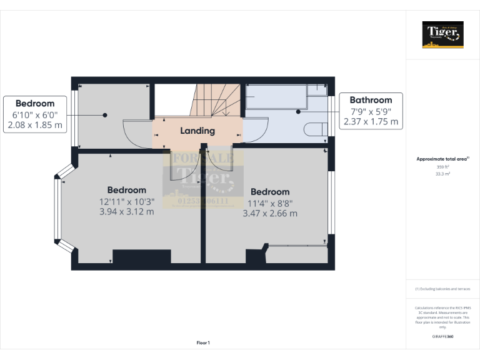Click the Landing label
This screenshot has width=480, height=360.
pyautogui.click(x=197, y=131)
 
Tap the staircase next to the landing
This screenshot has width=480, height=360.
pyautogui.click(x=216, y=100)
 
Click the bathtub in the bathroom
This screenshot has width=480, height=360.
pyautogui.click(x=275, y=97)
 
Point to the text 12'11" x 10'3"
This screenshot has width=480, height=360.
pyautogui.click(x=127, y=201)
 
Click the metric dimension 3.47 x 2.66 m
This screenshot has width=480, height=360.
pyautogui.click(x=270, y=213)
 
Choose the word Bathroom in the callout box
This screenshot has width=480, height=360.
pyautogui.click(x=371, y=100)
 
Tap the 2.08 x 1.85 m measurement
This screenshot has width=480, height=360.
pyautogui.click(x=35, y=125)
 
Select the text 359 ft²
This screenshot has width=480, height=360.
pyautogui.click(x=442, y=167)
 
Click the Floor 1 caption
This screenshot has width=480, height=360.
pyautogui.click(x=203, y=342)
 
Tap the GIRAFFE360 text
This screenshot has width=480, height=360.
pyautogui.click(x=442, y=337)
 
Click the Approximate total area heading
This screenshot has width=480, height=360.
pyautogui.click(x=442, y=159)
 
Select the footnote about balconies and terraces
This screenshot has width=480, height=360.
pyautogui.click(x=442, y=289)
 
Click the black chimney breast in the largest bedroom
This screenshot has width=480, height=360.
pyautogui.click(x=141, y=256)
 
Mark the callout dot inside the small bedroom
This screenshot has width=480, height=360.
pyautogui.click(x=105, y=115)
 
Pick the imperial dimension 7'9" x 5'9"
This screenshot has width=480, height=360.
pyautogui.click(x=371, y=111)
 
